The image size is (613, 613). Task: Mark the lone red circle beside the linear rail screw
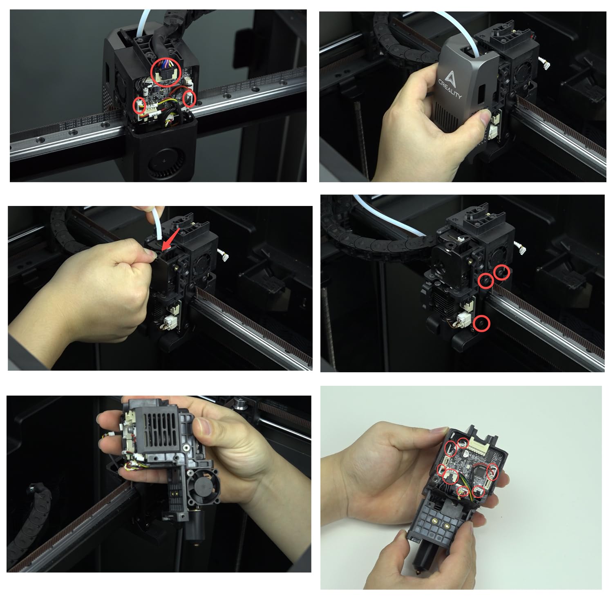click(482, 323)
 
